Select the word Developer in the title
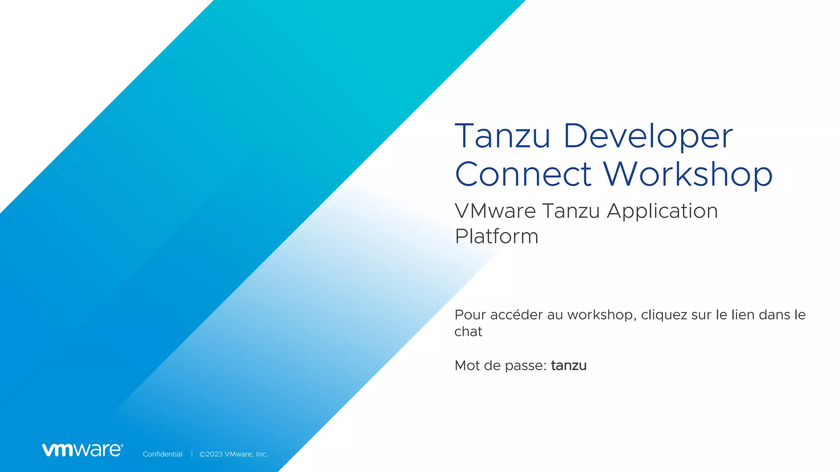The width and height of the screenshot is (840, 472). click(x=648, y=136)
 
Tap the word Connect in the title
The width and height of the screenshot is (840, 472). click(x=523, y=174)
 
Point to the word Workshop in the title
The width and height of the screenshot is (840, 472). click(x=688, y=174)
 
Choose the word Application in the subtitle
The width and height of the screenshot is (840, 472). click(x=662, y=212)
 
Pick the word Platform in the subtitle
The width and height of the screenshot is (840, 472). click(x=496, y=236)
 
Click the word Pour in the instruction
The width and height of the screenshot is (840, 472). click(x=470, y=315)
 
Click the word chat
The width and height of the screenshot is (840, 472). click(x=468, y=331)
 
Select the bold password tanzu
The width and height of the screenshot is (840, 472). click(x=568, y=365)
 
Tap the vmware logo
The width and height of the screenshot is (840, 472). click(x=82, y=450)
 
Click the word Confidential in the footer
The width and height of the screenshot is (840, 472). click(x=162, y=454)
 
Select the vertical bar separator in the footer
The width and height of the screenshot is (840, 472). click(x=192, y=454)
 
